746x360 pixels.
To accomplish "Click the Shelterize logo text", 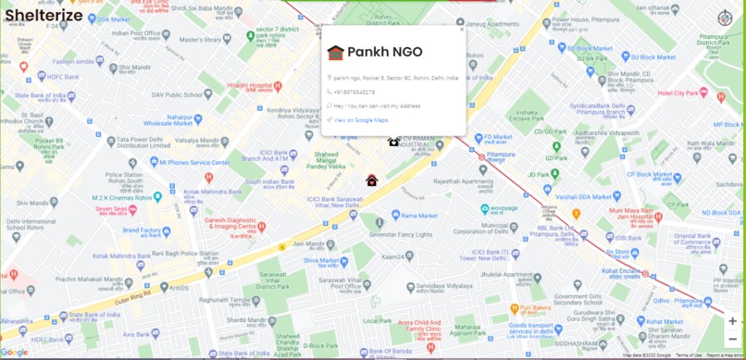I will [43, 15].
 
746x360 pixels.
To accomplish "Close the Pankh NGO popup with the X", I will [462, 30].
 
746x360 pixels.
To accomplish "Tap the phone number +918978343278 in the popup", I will [354, 92].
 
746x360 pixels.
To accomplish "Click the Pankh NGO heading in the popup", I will [385, 51].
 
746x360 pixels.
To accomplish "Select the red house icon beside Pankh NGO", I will [335, 52].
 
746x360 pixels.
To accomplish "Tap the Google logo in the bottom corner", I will [14, 352].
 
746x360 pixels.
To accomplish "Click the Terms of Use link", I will [688, 355].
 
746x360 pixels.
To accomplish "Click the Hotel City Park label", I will [678, 93].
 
